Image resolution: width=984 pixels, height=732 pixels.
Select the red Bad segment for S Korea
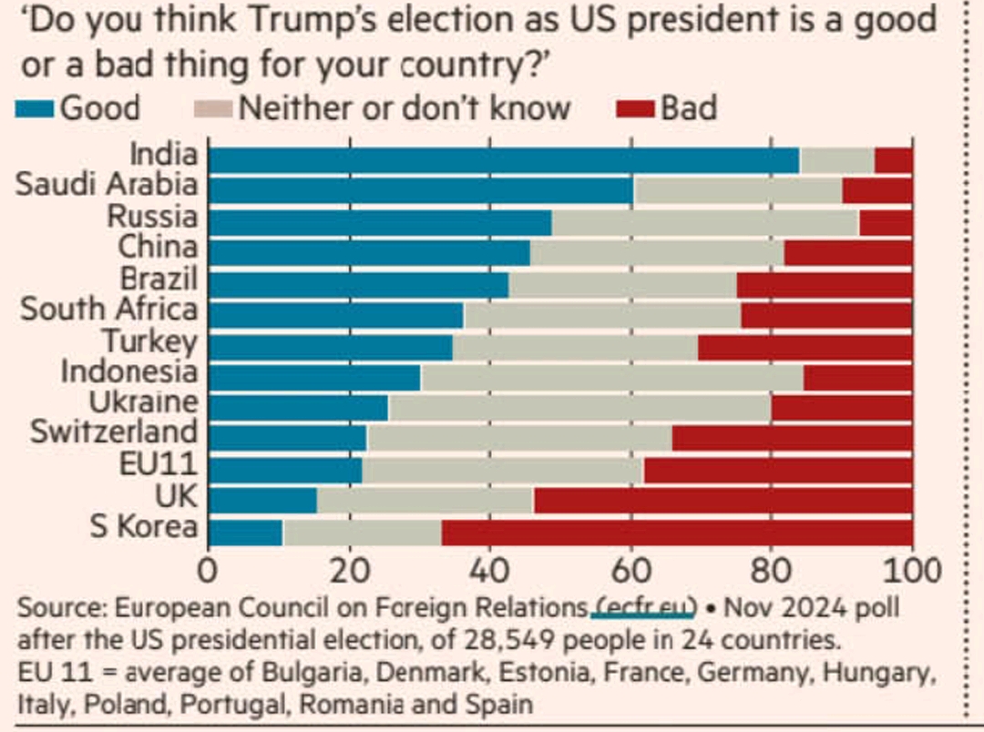point(677,532)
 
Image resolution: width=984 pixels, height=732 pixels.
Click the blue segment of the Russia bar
point(380,222)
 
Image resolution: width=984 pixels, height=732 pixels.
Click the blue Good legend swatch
point(35,108)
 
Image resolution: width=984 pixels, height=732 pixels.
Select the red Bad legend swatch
point(635,108)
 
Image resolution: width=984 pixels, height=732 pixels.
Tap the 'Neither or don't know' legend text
point(404,108)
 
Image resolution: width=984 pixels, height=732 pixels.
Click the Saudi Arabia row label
point(107,185)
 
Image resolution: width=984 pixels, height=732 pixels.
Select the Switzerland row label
point(114,432)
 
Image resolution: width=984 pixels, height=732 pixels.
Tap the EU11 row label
point(158,463)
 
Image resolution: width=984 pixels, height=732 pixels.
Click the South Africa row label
point(108,309)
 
